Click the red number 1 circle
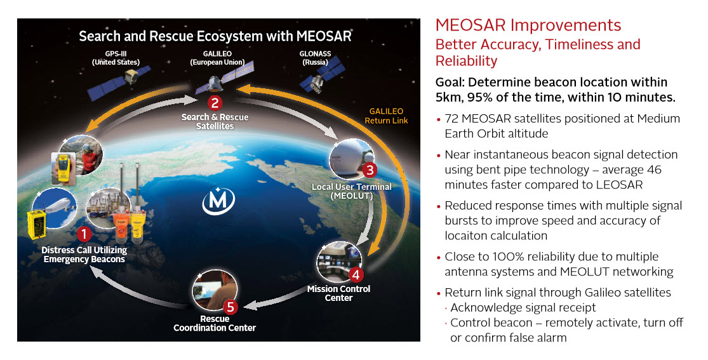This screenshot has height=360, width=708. pos(84,234)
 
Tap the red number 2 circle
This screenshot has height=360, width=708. pos(215,102)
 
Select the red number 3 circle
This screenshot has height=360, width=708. pos(370,170)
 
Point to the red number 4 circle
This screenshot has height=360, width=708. pos(356,274)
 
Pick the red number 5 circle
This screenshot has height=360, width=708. pos(230,307)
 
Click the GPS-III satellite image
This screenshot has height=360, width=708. pos(119,81)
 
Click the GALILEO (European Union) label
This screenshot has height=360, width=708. pos(217,58)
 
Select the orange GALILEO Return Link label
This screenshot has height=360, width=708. pos(386,116)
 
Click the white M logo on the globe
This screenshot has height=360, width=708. pos(218,200)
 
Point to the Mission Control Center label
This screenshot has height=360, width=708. pos(338,293)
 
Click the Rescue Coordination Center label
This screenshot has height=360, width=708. pos(215,323)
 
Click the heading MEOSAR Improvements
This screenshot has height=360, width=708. pos(528,25)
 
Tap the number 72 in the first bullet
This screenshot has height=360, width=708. pos(451,119)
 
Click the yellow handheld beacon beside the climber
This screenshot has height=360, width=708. pos(63,168)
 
